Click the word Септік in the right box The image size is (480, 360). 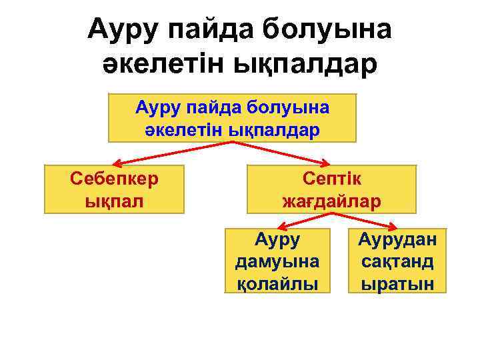(x=331, y=178)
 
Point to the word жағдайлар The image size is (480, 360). (x=331, y=200)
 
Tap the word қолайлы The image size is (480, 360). (x=277, y=283)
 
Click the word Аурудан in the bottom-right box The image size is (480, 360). (x=397, y=238)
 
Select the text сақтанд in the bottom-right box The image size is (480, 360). (x=397, y=261)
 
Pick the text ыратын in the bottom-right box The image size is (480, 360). (x=397, y=283)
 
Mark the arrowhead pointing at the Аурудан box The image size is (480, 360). (x=395, y=227)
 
